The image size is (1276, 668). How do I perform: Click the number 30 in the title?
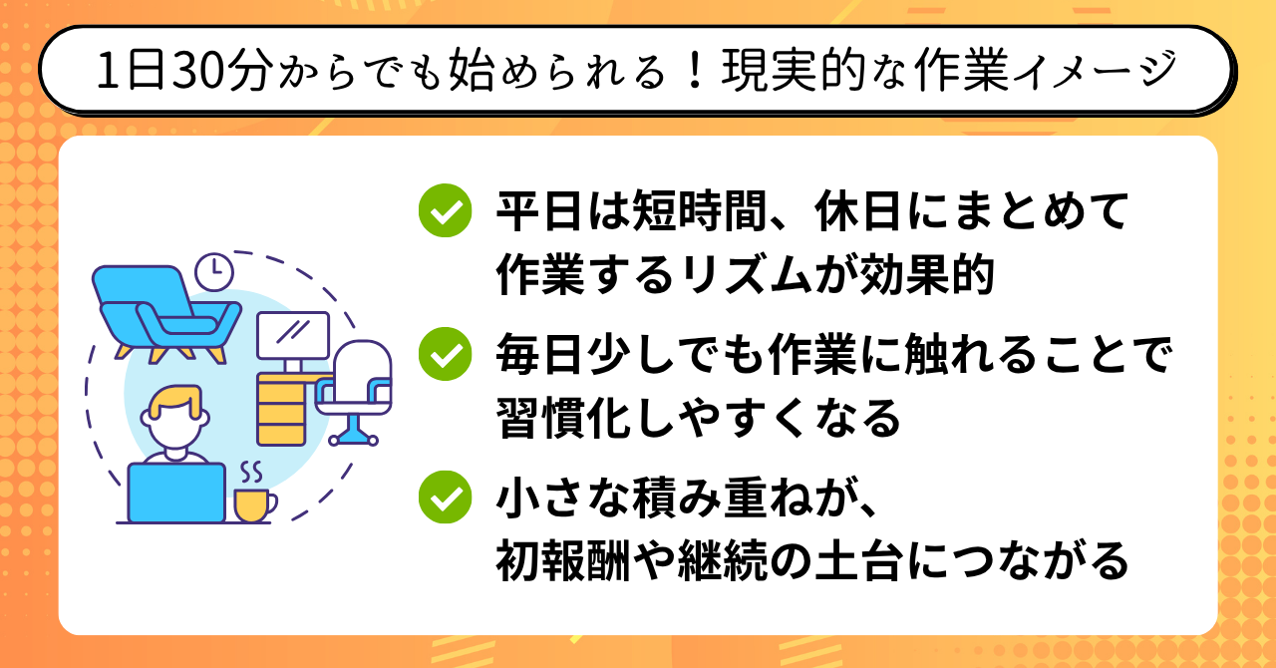(197, 71)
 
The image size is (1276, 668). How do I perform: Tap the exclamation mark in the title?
(695, 71)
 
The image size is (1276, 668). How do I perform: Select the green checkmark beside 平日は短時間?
(445, 210)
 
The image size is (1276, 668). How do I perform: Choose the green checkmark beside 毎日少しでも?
(445, 354)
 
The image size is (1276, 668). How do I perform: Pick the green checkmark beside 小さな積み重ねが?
(445, 497)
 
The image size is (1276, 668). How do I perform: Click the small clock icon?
(214, 271)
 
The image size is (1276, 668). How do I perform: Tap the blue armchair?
(166, 313)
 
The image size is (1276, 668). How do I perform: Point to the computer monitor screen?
(293, 336)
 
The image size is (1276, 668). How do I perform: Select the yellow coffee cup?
(254, 505)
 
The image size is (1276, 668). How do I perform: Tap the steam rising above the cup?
(251, 472)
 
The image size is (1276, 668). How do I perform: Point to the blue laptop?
(176, 493)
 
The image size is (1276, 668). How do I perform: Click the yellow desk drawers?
(281, 409)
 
